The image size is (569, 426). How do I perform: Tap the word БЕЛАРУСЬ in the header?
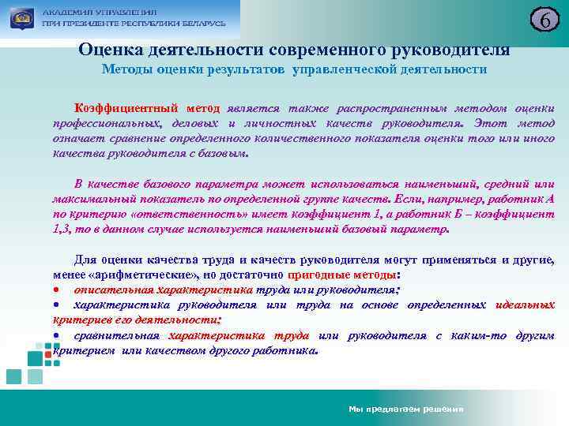pos(199,24)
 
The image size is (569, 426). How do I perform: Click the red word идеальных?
pos(524,305)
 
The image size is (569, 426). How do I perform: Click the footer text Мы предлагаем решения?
pos(405,409)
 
